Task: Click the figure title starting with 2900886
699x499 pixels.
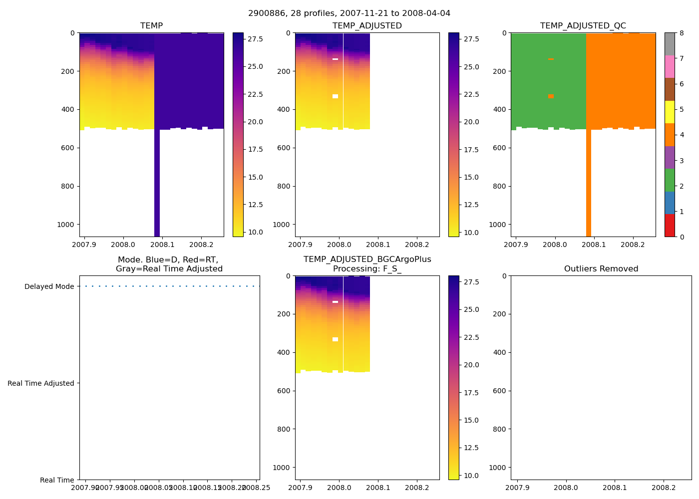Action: point(349,13)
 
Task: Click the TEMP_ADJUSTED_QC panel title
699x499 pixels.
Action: point(583,26)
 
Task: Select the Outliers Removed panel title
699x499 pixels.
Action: point(601,269)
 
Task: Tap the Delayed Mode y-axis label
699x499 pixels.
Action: point(49,286)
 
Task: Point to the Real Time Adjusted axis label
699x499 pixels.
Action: point(41,383)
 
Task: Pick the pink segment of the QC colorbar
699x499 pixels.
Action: point(670,67)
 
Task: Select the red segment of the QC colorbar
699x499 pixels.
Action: point(670,226)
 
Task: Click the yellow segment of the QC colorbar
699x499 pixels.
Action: point(670,112)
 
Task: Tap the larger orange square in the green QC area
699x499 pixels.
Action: point(551,96)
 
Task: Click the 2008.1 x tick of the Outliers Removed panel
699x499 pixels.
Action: point(615,487)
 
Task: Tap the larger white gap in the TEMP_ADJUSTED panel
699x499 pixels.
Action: point(335,96)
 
